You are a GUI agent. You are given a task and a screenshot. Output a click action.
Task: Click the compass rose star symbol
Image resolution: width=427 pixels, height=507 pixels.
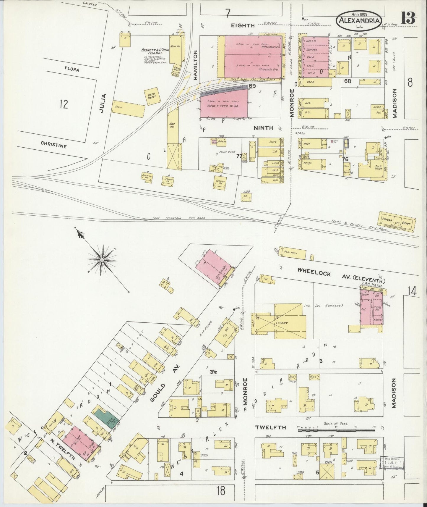pos(102,260)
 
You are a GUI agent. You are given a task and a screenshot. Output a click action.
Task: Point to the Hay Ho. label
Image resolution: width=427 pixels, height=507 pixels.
pos(172,125)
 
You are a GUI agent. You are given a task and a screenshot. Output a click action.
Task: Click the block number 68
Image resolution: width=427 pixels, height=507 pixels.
pos(348,81)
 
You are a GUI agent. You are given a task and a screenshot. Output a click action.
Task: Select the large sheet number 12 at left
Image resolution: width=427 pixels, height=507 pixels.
pos(63,104)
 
